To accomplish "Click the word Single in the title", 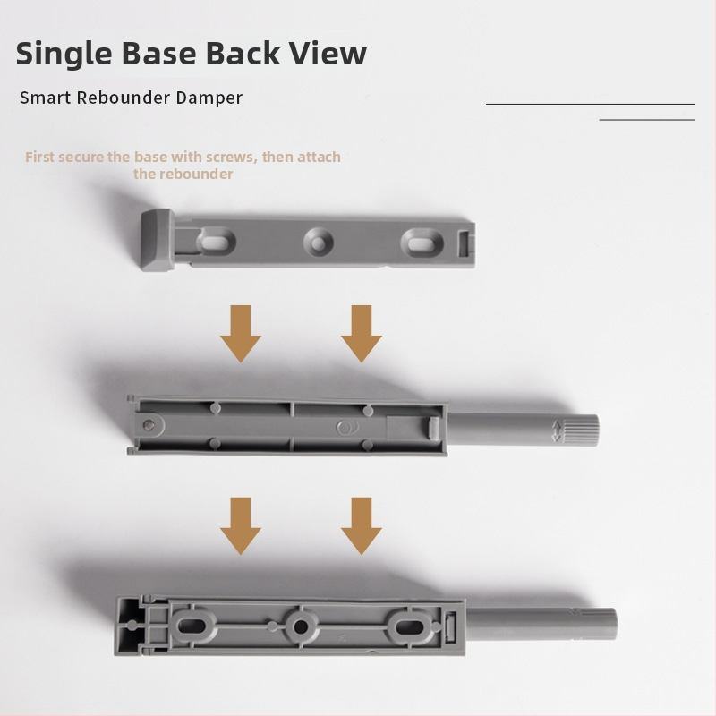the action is click(x=64, y=55).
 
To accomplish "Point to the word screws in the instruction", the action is click(x=232, y=158).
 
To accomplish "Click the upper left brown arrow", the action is click(x=241, y=334).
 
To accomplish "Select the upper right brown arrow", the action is click(x=362, y=334).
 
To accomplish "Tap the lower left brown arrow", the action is click(x=241, y=526).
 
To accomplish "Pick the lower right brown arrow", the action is click(x=362, y=526).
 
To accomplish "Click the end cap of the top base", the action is click(x=157, y=240).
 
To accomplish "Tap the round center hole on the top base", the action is click(x=319, y=242).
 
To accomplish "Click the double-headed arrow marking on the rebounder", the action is click(x=556, y=431).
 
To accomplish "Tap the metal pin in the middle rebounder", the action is click(x=148, y=425).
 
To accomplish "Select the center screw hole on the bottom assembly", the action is click(x=300, y=626).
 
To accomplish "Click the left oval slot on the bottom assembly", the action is click(x=191, y=625).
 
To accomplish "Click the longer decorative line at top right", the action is click(x=590, y=104).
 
